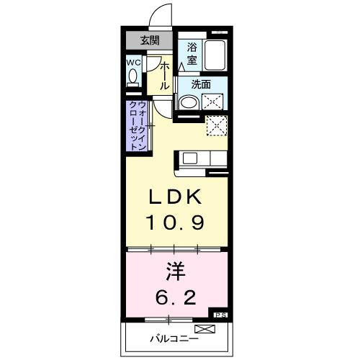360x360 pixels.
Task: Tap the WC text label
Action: coord(133,63)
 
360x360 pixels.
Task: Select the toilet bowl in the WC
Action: coord(133,79)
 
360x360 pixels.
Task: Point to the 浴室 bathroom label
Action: coord(192,53)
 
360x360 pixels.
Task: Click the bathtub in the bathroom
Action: coord(215,55)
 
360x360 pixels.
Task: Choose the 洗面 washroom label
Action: coord(201,84)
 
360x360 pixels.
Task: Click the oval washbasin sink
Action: coord(189,102)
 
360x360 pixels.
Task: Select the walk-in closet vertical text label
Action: coord(138,127)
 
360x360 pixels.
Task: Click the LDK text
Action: coord(176,197)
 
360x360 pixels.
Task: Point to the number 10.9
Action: coord(176,222)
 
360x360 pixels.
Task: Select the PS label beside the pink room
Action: coord(220,315)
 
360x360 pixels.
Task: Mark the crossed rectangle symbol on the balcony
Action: coord(204,329)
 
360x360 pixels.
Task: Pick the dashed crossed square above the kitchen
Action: coord(216,126)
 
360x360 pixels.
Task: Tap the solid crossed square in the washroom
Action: coord(213,101)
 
